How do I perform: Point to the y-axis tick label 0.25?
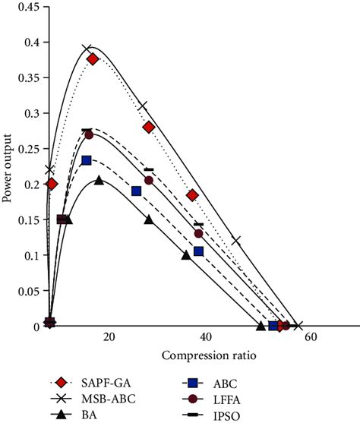coord(29,149)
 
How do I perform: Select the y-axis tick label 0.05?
coord(29,291)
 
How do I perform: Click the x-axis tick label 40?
coord(204,338)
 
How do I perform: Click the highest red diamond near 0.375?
coord(93,59)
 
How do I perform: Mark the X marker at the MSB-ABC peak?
coord(87,49)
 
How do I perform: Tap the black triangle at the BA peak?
coord(99,180)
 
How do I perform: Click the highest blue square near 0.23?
coord(87,160)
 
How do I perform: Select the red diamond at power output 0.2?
coord(52,184)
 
